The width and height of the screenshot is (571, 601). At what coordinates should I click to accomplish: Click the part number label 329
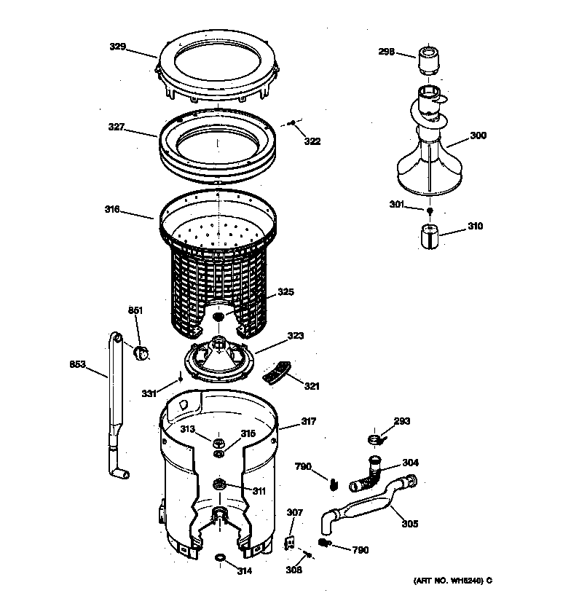pos(117,47)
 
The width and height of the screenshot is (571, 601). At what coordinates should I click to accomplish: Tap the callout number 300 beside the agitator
pos(478,136)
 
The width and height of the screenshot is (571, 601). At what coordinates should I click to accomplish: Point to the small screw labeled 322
pos(291,124)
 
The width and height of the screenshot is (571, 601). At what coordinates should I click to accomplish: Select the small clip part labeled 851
pos(140,353)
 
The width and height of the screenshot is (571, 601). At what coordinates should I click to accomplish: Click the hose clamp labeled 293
pos(375,439)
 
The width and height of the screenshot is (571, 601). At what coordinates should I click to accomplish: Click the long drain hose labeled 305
pos(364,507)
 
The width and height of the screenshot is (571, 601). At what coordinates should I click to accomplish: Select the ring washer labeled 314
pos(219,558)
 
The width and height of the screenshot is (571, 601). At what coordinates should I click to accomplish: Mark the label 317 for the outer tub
pos(308,420)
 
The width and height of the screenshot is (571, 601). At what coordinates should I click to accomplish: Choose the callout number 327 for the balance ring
pos(117,127)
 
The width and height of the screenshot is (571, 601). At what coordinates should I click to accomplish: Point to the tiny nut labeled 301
pos(430,211)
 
